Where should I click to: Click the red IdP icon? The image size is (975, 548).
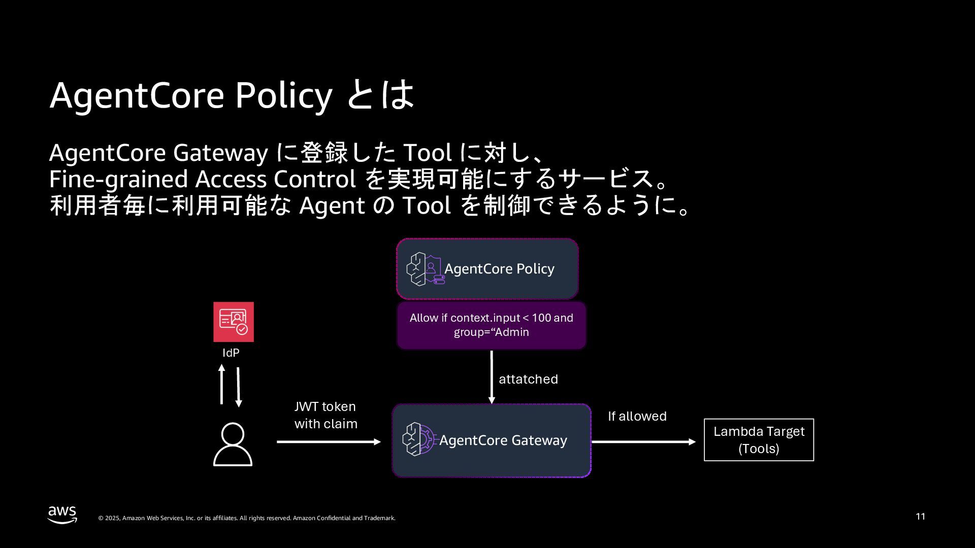(233, 322)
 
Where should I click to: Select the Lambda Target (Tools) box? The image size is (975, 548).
(759, 440)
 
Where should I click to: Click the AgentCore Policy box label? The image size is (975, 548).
(499, 269)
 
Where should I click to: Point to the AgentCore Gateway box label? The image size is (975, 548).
(503, 440)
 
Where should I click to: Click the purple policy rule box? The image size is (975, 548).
(491, 325)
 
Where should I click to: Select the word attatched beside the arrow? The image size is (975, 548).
(528, 379)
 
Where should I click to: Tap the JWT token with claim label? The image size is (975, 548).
(326, 415)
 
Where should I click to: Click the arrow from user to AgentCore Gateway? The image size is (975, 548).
(329, 442)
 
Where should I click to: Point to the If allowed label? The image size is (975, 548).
(637, 416)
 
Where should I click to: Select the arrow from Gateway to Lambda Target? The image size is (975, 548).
(643, 442)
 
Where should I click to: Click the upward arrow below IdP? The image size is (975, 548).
(221, 384)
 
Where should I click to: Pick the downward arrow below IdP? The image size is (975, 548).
(238, 387)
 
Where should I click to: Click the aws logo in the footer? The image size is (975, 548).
(62, 514)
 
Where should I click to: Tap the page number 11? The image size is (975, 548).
(920, 517)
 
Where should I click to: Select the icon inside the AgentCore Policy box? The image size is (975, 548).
(426, 269)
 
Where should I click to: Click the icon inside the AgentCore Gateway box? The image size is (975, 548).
(419, 439)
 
